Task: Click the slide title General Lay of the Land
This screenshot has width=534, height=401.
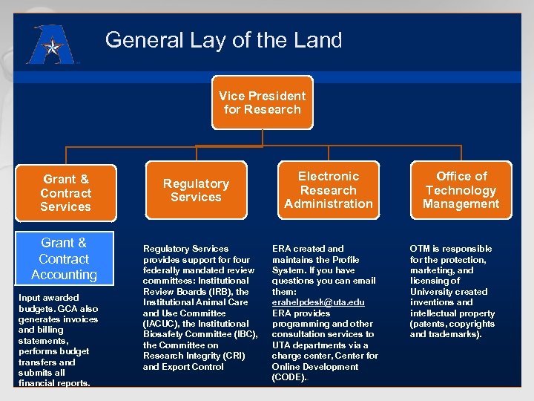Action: coord(223,40)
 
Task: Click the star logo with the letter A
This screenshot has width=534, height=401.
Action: coord(50,46)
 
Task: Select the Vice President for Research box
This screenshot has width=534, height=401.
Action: coord(262,102)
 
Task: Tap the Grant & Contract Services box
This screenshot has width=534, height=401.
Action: coord(66,193)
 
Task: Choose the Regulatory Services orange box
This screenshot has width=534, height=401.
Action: coord(196,190)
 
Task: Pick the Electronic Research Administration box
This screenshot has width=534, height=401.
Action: coord(329,190)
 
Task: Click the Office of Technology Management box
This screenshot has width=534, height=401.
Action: coord(461,190)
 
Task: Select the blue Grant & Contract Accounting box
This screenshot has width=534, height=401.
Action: coord(64,258)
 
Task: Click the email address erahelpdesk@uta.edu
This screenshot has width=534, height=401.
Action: coord(318,302)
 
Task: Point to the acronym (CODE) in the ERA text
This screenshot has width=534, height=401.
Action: coord(289,377)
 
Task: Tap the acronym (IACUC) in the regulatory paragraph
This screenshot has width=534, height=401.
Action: coord(162,324)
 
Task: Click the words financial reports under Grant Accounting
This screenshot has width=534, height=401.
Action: coord(55,383)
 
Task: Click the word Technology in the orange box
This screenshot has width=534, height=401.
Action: coord(461,190)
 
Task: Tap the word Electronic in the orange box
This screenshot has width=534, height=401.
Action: coord(329,176)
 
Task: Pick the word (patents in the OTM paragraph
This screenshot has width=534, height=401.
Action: coord(427,324)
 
